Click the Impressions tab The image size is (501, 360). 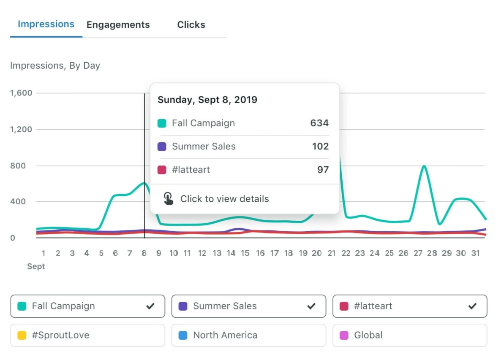(x=46, y=24)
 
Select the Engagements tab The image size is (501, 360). (x=118, y=25)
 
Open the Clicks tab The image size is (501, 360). (x=191, y=25)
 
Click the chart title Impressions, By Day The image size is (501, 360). (x=55, y=66)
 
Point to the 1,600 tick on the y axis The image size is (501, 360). (x=21, y=93)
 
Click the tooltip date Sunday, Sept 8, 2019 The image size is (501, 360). (x=207, y=100)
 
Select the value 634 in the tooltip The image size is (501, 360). (x=319, y=123)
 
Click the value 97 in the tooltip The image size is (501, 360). (x=323, y=170)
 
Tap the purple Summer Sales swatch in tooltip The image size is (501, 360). (x=162, y=147)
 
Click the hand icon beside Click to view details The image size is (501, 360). (x=168, y=199)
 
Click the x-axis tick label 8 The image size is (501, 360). (x=144, y=253)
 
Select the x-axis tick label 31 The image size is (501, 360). (x=475, y=253)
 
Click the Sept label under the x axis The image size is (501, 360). (x=36, y=267)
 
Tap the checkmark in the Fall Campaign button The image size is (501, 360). (x=150, y=306)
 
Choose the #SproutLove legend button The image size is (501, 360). (x=87, y=336)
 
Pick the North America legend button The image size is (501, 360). (x=248, y=336)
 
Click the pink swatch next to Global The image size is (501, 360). (x=344, y=336)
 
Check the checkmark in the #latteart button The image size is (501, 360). (x=473, y=306)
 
